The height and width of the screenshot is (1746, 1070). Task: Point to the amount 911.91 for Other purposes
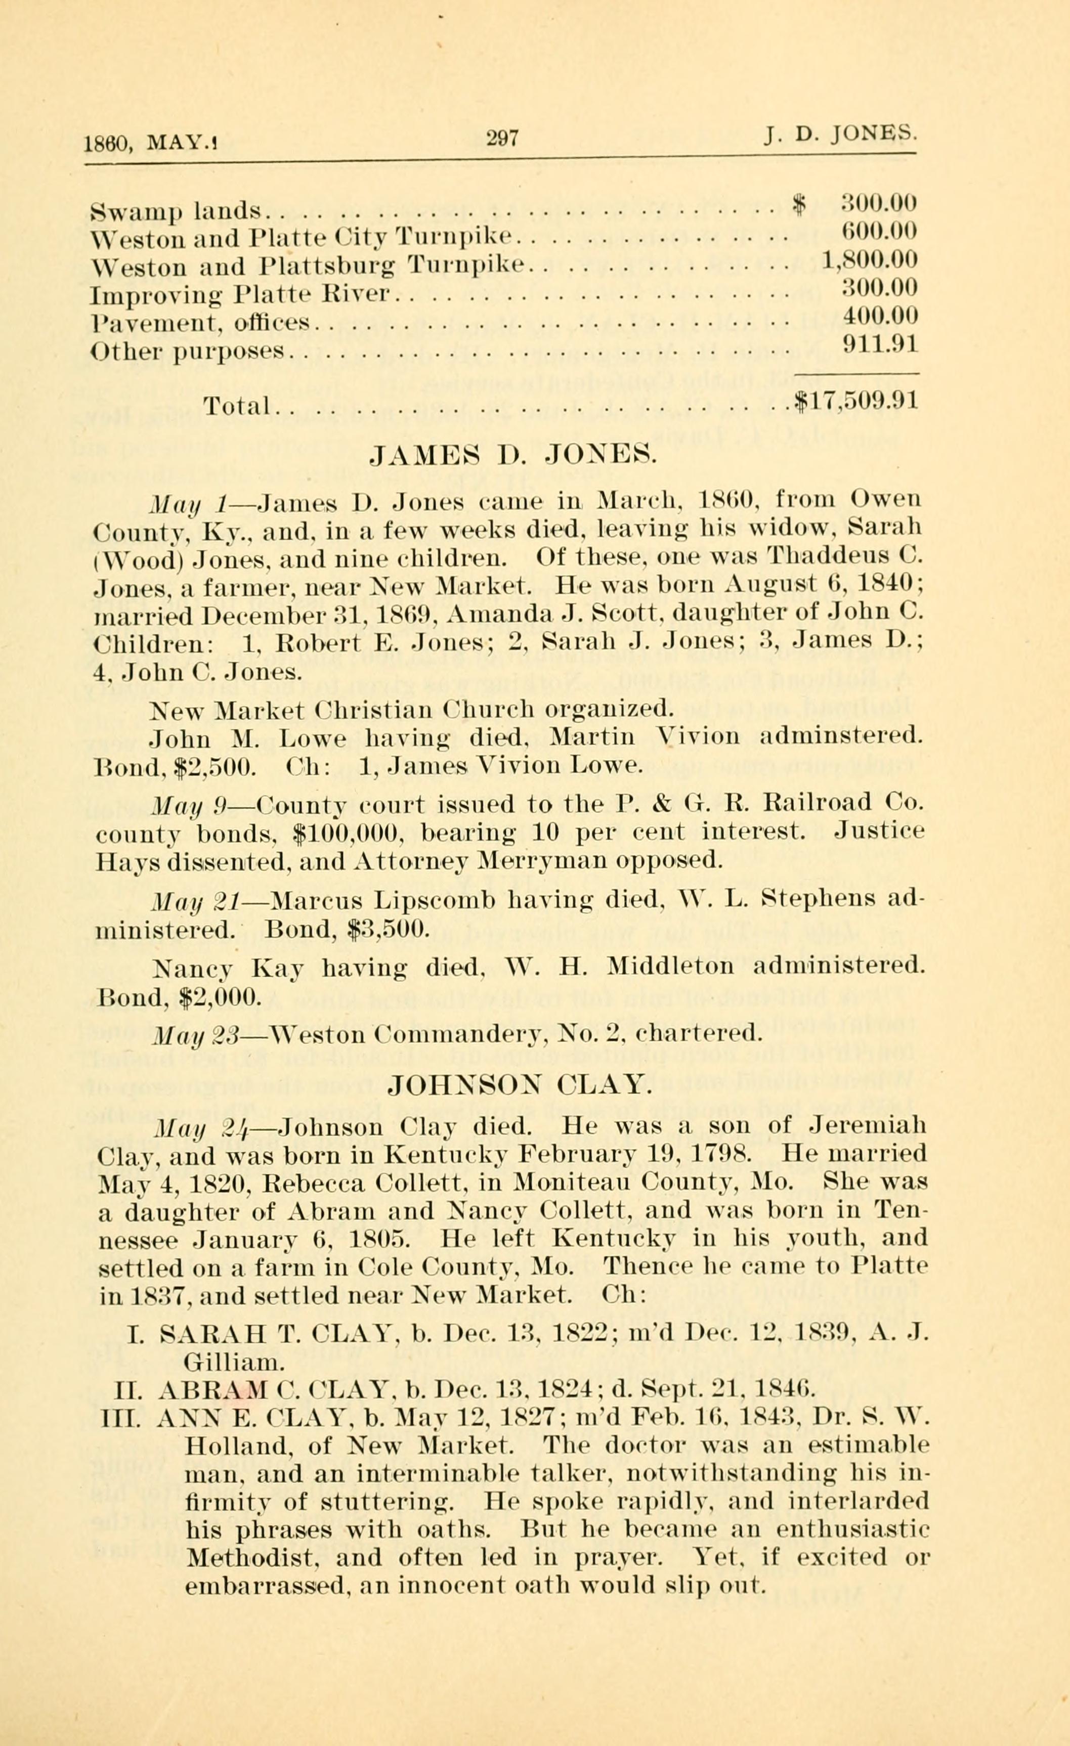[881, 344]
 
